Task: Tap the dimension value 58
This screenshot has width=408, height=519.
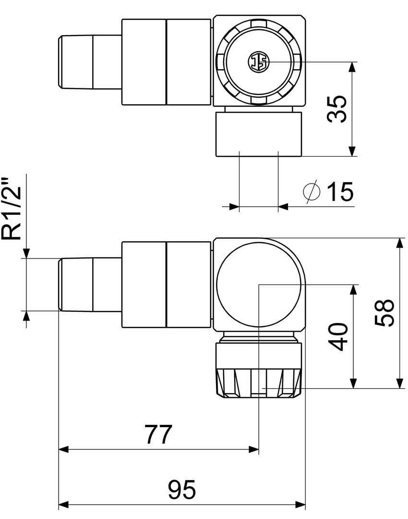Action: pyautogui.click(x=384, y=313)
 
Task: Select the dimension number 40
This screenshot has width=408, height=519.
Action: pyautogui.click(x=337, y=337)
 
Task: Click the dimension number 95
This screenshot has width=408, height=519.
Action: pyautogui.click(x=182, y=490)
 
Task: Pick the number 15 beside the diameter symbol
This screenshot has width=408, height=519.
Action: pyautogui.click(x=340, y=191)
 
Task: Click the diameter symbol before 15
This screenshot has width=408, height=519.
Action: pyautogui.click(x=312, y=191)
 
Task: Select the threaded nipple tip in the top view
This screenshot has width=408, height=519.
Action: pyautogui.click(x=89, y=62)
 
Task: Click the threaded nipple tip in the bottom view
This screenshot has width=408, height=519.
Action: pyautogui.click(x=89, y=284)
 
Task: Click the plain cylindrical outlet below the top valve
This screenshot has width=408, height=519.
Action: pyautogui.click(x=259, y=134)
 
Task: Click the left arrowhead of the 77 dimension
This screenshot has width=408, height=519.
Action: pyautogui.click(x=64, y=449)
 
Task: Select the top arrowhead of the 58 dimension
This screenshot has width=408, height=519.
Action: pyautogui.click(x=400, y=243)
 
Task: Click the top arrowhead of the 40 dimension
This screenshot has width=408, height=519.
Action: pyautogui.click(x=353, y=290)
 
